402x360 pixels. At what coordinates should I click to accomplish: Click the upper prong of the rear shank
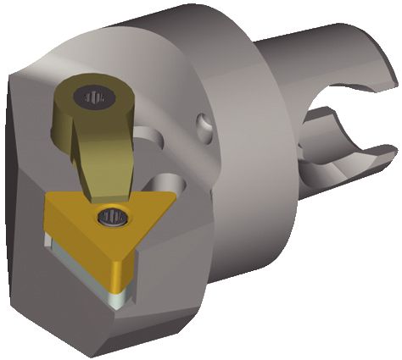click(339, 64)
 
